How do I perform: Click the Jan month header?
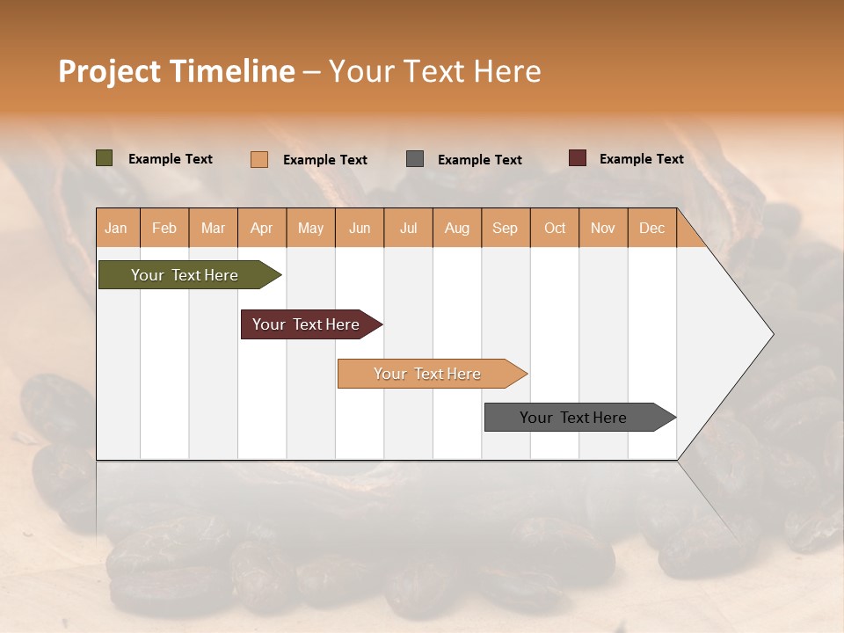(x=116, y=228)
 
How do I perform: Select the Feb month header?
(x=164, y=228)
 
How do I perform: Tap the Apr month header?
(x=261, y=228)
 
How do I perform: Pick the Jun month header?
(x=360, y=228)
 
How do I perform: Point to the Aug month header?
(x=456, y=228)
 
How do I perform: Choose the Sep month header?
(x=505, y=228)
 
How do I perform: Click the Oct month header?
(x=555, y=228)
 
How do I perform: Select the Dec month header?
(x=651, y=228)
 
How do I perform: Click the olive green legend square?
(x=105, y=158)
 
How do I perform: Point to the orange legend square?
(x=258, y=159)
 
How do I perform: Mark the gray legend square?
(x=415, y=159)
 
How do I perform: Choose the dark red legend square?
(x=577, y=158)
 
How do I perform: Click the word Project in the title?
(x=108, y=71)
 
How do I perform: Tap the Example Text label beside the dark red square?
(x=641, y=159)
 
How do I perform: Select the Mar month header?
(x=213, y=228)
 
